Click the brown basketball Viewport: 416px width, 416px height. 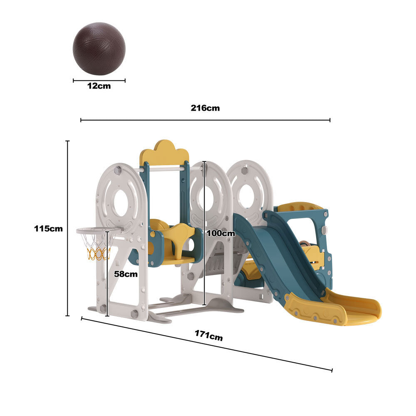tap(99, 48)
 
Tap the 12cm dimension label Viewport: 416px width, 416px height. tap(99, 86)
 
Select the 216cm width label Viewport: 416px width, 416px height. tap(205, 108)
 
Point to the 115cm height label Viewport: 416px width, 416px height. tap(48, 229)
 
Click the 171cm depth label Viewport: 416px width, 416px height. tap(208, 335)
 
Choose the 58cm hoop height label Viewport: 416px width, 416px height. tap(126, 274)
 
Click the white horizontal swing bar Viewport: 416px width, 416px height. tap(164, 169)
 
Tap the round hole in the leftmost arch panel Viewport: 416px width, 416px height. tap(121, 203)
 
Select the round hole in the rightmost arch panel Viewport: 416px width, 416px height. tap(249, 196)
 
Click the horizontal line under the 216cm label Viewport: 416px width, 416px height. tap(205, 120)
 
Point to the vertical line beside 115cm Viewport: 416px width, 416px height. tap(67, 229)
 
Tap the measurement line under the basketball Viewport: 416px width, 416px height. tap(99, 81)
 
